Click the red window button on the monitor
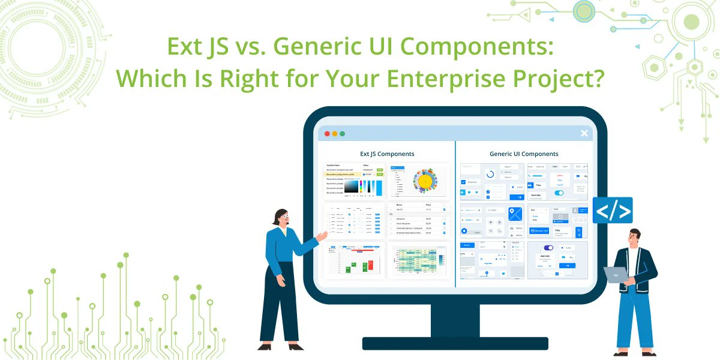coord(327,133)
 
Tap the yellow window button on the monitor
coord(335,133)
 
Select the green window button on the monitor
coord(343,133)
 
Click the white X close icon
coord(584,133)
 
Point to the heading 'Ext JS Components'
coord(387,154)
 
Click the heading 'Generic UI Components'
coord(524,154)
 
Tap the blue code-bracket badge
coord(613,211)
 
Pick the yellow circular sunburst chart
coord(425,180)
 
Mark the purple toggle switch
coord(548,247)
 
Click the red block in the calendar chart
coord(371,265)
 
